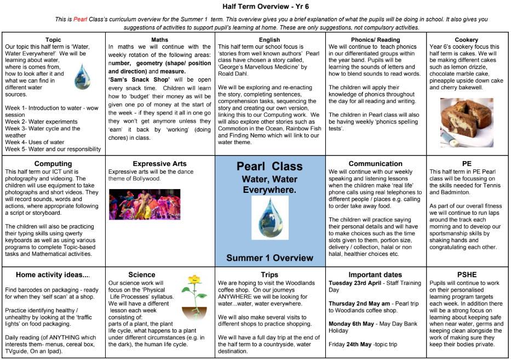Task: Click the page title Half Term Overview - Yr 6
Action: pos(255,7)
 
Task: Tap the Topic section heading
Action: pos(53,40)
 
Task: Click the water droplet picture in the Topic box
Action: pos(83,76)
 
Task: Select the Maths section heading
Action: pos(159,40)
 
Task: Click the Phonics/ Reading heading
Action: pos(375,40)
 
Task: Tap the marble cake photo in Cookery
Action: pos(467,122)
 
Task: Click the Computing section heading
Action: pos(53,164)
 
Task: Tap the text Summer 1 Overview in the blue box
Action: pos(269,258)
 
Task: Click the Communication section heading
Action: pos(375,164)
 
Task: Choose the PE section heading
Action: pos(466,164)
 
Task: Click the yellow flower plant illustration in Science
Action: pos(194,299)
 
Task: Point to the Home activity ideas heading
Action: pos(53,275)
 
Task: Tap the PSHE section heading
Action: pos(466,275)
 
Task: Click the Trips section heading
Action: pos(269,275)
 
